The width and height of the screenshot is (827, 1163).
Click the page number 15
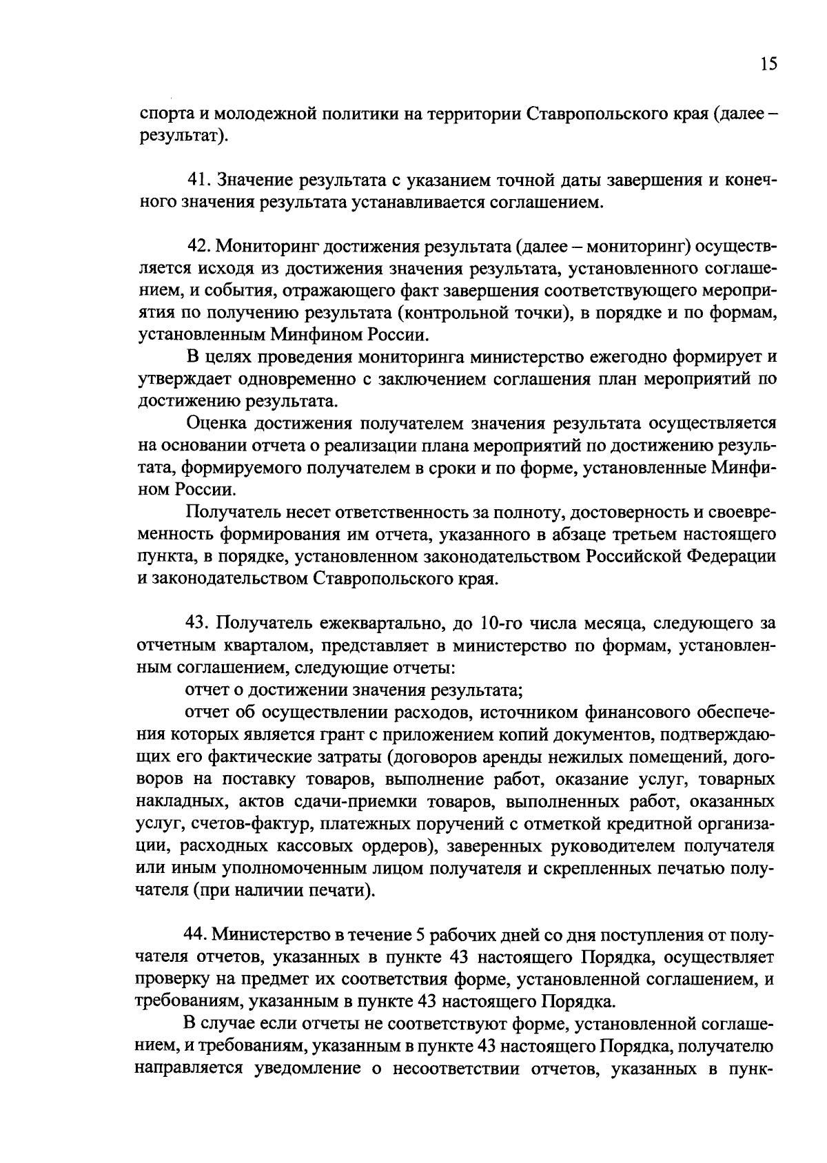pyautogui.click(x=769, y=64)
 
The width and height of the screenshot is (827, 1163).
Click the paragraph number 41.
pyautogui.click(x=200, y=181)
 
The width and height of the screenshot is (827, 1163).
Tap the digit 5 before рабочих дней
pyautogui.click(x=422, y=935)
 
